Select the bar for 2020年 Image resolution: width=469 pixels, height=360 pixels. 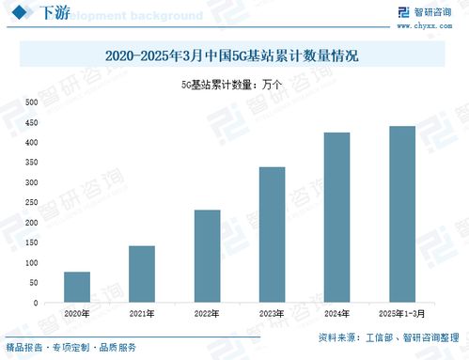[77, 288]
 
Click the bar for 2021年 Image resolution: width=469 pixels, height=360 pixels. [142, 274]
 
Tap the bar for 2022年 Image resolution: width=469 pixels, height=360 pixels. [207, 257]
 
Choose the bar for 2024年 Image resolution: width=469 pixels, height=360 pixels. [336, 218]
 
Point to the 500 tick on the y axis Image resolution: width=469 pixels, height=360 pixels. [31, 102]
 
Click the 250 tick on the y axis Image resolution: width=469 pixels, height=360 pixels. [31, 203]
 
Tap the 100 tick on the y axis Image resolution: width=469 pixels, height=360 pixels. [31, 263]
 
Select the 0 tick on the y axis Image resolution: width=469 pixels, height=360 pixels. [35, 304]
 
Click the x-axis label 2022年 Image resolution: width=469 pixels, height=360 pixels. [207, 313]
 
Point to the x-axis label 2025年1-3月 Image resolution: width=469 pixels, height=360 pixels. [401, 313]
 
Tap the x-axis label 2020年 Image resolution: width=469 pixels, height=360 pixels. [77, 313]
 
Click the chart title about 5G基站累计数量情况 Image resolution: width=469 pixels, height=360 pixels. [234, 56]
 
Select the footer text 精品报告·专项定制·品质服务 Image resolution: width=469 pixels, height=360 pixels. [70, 347]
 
